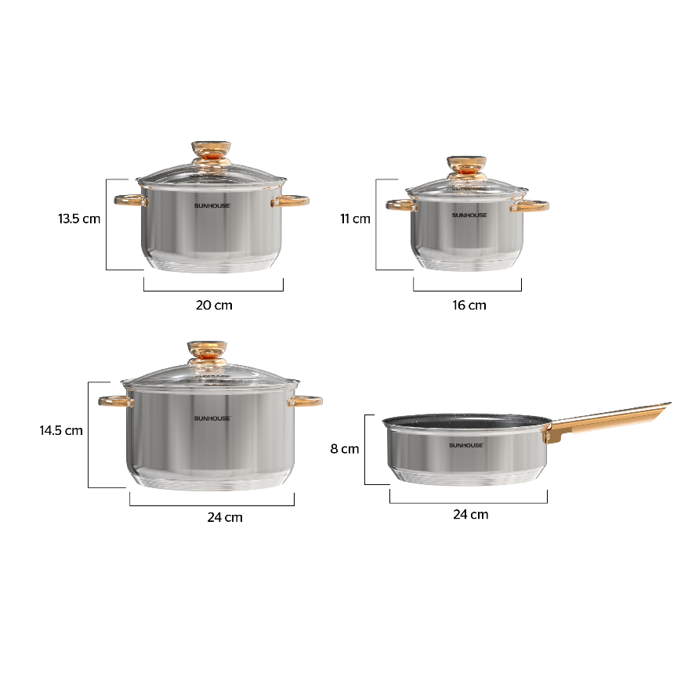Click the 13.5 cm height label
(79, 219)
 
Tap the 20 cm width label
(214, 306)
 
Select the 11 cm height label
(355, 219)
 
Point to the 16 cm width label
(469, 306)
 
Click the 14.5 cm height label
(61, 430)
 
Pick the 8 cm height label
(345, 449)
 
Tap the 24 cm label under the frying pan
(471, 515)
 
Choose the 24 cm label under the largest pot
(225, 517)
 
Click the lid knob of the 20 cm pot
(211, 154)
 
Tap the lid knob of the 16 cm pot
(466, 168)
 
